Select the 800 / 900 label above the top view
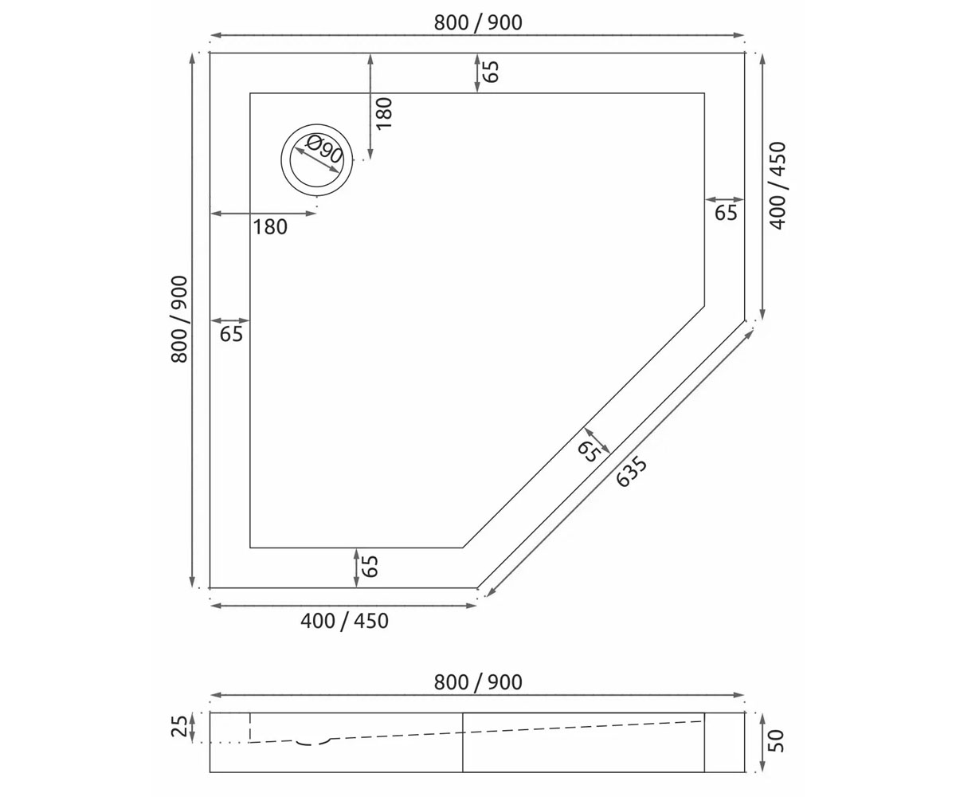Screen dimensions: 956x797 478,23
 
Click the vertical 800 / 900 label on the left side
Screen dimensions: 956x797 179,320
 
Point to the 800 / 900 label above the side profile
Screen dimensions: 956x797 478,682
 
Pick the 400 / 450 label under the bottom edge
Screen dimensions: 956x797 344,621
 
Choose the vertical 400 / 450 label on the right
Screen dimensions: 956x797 778,186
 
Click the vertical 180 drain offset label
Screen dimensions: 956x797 384,113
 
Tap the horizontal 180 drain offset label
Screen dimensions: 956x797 270,227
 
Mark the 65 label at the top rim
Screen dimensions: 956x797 491,72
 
